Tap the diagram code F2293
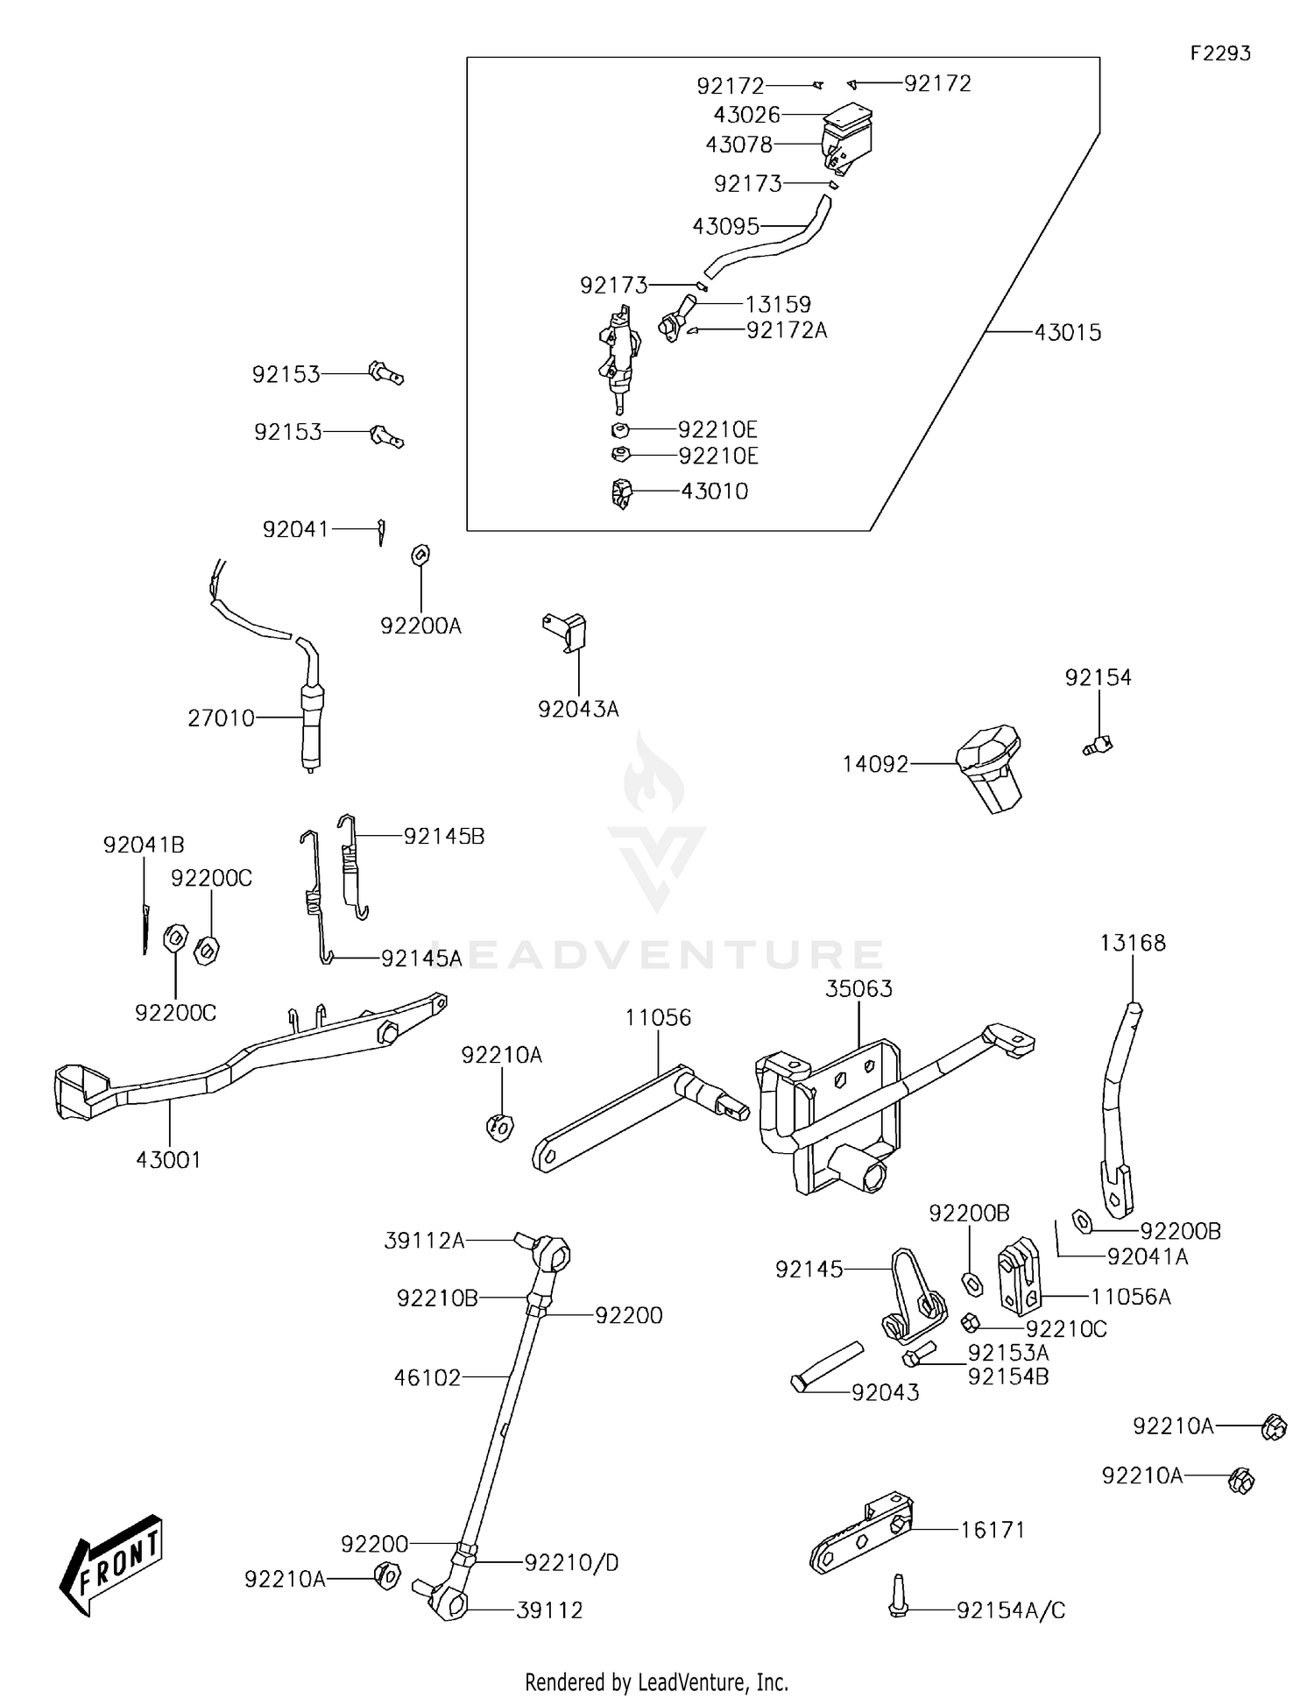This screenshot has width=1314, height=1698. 1219,53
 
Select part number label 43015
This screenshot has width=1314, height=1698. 1067,333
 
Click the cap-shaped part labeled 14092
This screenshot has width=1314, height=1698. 991,767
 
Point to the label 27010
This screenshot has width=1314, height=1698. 221,718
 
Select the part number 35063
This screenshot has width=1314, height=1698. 858,989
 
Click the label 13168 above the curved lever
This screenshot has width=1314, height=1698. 1133,944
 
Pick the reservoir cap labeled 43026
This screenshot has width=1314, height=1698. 848,115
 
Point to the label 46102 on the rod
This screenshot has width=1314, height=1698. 427,1378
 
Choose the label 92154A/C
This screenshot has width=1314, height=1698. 1010,1610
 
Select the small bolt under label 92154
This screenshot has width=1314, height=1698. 1097,746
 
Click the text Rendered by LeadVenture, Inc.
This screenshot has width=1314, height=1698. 656,1681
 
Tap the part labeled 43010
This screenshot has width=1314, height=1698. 621,493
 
